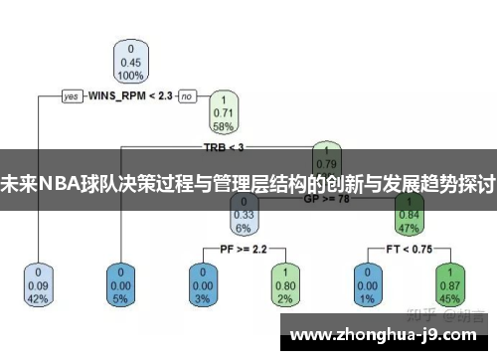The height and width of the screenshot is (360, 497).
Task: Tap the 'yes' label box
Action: [71, 96]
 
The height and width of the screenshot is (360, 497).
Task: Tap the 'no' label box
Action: [186, 96]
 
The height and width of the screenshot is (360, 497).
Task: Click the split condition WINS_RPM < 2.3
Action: [130, 96]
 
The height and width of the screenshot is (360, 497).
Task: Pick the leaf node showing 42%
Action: [39, 284]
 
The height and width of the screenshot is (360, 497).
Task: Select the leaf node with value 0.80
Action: [285, 284]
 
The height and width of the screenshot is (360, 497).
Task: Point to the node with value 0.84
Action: [409, 212]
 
